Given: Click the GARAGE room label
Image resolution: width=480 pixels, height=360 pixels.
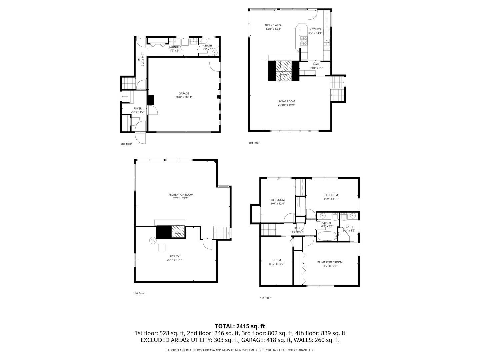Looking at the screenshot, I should [x=184, y=94].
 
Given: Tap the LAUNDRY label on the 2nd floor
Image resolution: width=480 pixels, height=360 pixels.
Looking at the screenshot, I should [x=175, y=47].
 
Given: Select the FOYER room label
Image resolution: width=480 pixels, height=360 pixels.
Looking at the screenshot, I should [x=137, y=108].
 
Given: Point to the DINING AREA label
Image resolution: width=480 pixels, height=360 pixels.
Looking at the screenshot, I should [x=273, y=25].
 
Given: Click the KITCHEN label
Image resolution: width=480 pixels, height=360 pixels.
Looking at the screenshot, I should [x=315, y=29].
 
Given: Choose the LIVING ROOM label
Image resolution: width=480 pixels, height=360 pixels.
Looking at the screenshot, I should [x=286, y=101].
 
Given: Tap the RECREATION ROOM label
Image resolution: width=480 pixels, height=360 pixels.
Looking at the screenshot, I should [x=181, y=195].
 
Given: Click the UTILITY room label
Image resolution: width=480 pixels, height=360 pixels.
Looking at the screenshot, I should [x=175, y=256].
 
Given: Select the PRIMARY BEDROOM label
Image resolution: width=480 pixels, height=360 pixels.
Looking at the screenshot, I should [x=330, y=262].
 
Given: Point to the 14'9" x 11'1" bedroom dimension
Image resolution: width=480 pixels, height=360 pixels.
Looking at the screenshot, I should [x=331, y=199].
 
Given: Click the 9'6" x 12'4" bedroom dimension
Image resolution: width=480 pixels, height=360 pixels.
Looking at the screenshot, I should [x=278, y=204].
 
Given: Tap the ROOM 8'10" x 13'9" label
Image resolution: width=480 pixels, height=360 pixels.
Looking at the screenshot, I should [x=277, y=260].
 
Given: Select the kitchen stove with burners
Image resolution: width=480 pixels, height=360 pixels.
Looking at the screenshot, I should [x=304, y=41].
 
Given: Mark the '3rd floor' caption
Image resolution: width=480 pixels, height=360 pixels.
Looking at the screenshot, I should [x=254, y=143].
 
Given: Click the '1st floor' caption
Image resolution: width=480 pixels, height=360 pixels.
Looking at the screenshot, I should [x=139, y=293].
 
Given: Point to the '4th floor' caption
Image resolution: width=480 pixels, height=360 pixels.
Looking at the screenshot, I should [x=265, y=298].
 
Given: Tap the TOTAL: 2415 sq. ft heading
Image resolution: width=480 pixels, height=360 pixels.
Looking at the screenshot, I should [x=240, y=326].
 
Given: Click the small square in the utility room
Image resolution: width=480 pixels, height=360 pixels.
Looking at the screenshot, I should [x=162, y=247].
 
